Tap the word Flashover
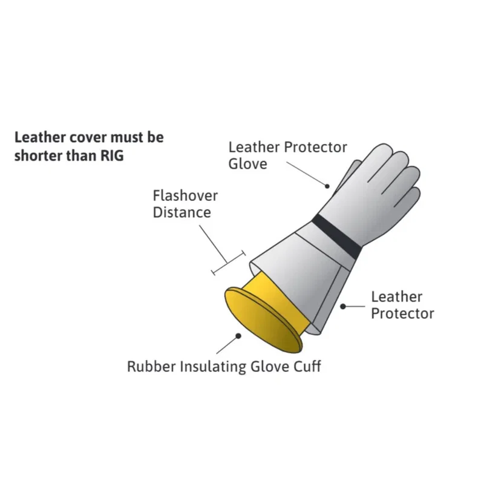[185, 195]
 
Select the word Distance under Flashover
[182, 212]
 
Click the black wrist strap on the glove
[336, 237]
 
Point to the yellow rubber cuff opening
[263, 320]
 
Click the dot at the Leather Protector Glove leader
[327, 186]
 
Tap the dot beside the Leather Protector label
[343, 307]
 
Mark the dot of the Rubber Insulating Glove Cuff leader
[238, 336]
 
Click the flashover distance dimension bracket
[229, 263]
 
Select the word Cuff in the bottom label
[307, 367]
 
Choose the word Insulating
[213, 367]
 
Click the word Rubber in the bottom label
[151, 367]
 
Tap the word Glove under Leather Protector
[247, 164]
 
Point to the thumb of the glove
[349, 176]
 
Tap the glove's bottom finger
[408, 198]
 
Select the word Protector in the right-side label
[402, 313]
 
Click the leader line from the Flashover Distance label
[214, 244]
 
